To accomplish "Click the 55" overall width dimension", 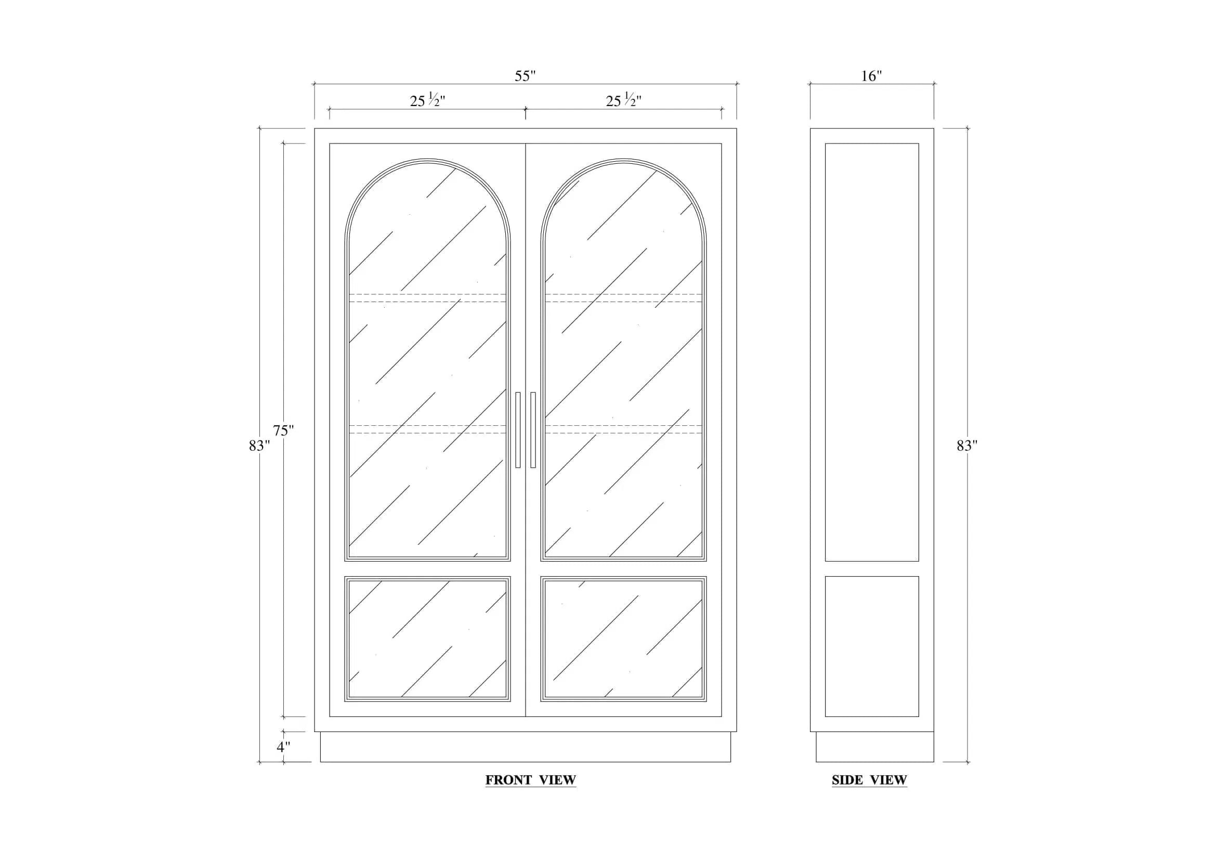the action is click(525, 76).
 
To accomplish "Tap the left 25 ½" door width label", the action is click(427, 100).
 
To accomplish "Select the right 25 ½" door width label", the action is click(623, 100).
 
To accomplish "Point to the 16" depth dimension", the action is click(871, 76).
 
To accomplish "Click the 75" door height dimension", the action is click(283, 431).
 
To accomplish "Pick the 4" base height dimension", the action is click(283, 747).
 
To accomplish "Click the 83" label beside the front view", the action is click(259, 446).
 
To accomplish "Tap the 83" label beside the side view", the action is click(967, 446).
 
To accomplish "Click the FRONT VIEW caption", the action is click(531, 780).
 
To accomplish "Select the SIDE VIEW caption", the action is click(869, 780).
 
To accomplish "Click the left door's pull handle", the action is click(518, 430).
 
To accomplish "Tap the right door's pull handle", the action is click(533, 430).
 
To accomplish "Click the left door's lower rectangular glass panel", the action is click(427, 639).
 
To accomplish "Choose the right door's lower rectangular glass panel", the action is click(623, 639).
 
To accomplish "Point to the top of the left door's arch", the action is click(427, 159).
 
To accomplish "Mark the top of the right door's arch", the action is click(623, 159).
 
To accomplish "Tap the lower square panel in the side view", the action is click(872, 646).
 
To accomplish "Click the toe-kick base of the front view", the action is click(526, 747).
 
